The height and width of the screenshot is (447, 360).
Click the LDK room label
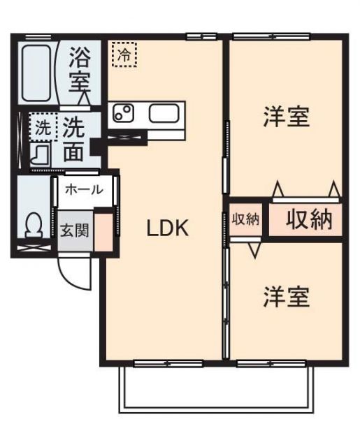(168, 228)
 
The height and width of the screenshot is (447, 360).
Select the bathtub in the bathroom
(36, 73)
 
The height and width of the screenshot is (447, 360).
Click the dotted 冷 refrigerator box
(124, 53)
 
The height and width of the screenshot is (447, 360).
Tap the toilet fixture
(32, 226)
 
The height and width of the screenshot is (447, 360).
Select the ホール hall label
(84, 189)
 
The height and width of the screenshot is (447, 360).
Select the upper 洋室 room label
(286, 117)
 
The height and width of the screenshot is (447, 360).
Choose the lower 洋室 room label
(286, 298)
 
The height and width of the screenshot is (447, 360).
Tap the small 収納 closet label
(245, 219)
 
